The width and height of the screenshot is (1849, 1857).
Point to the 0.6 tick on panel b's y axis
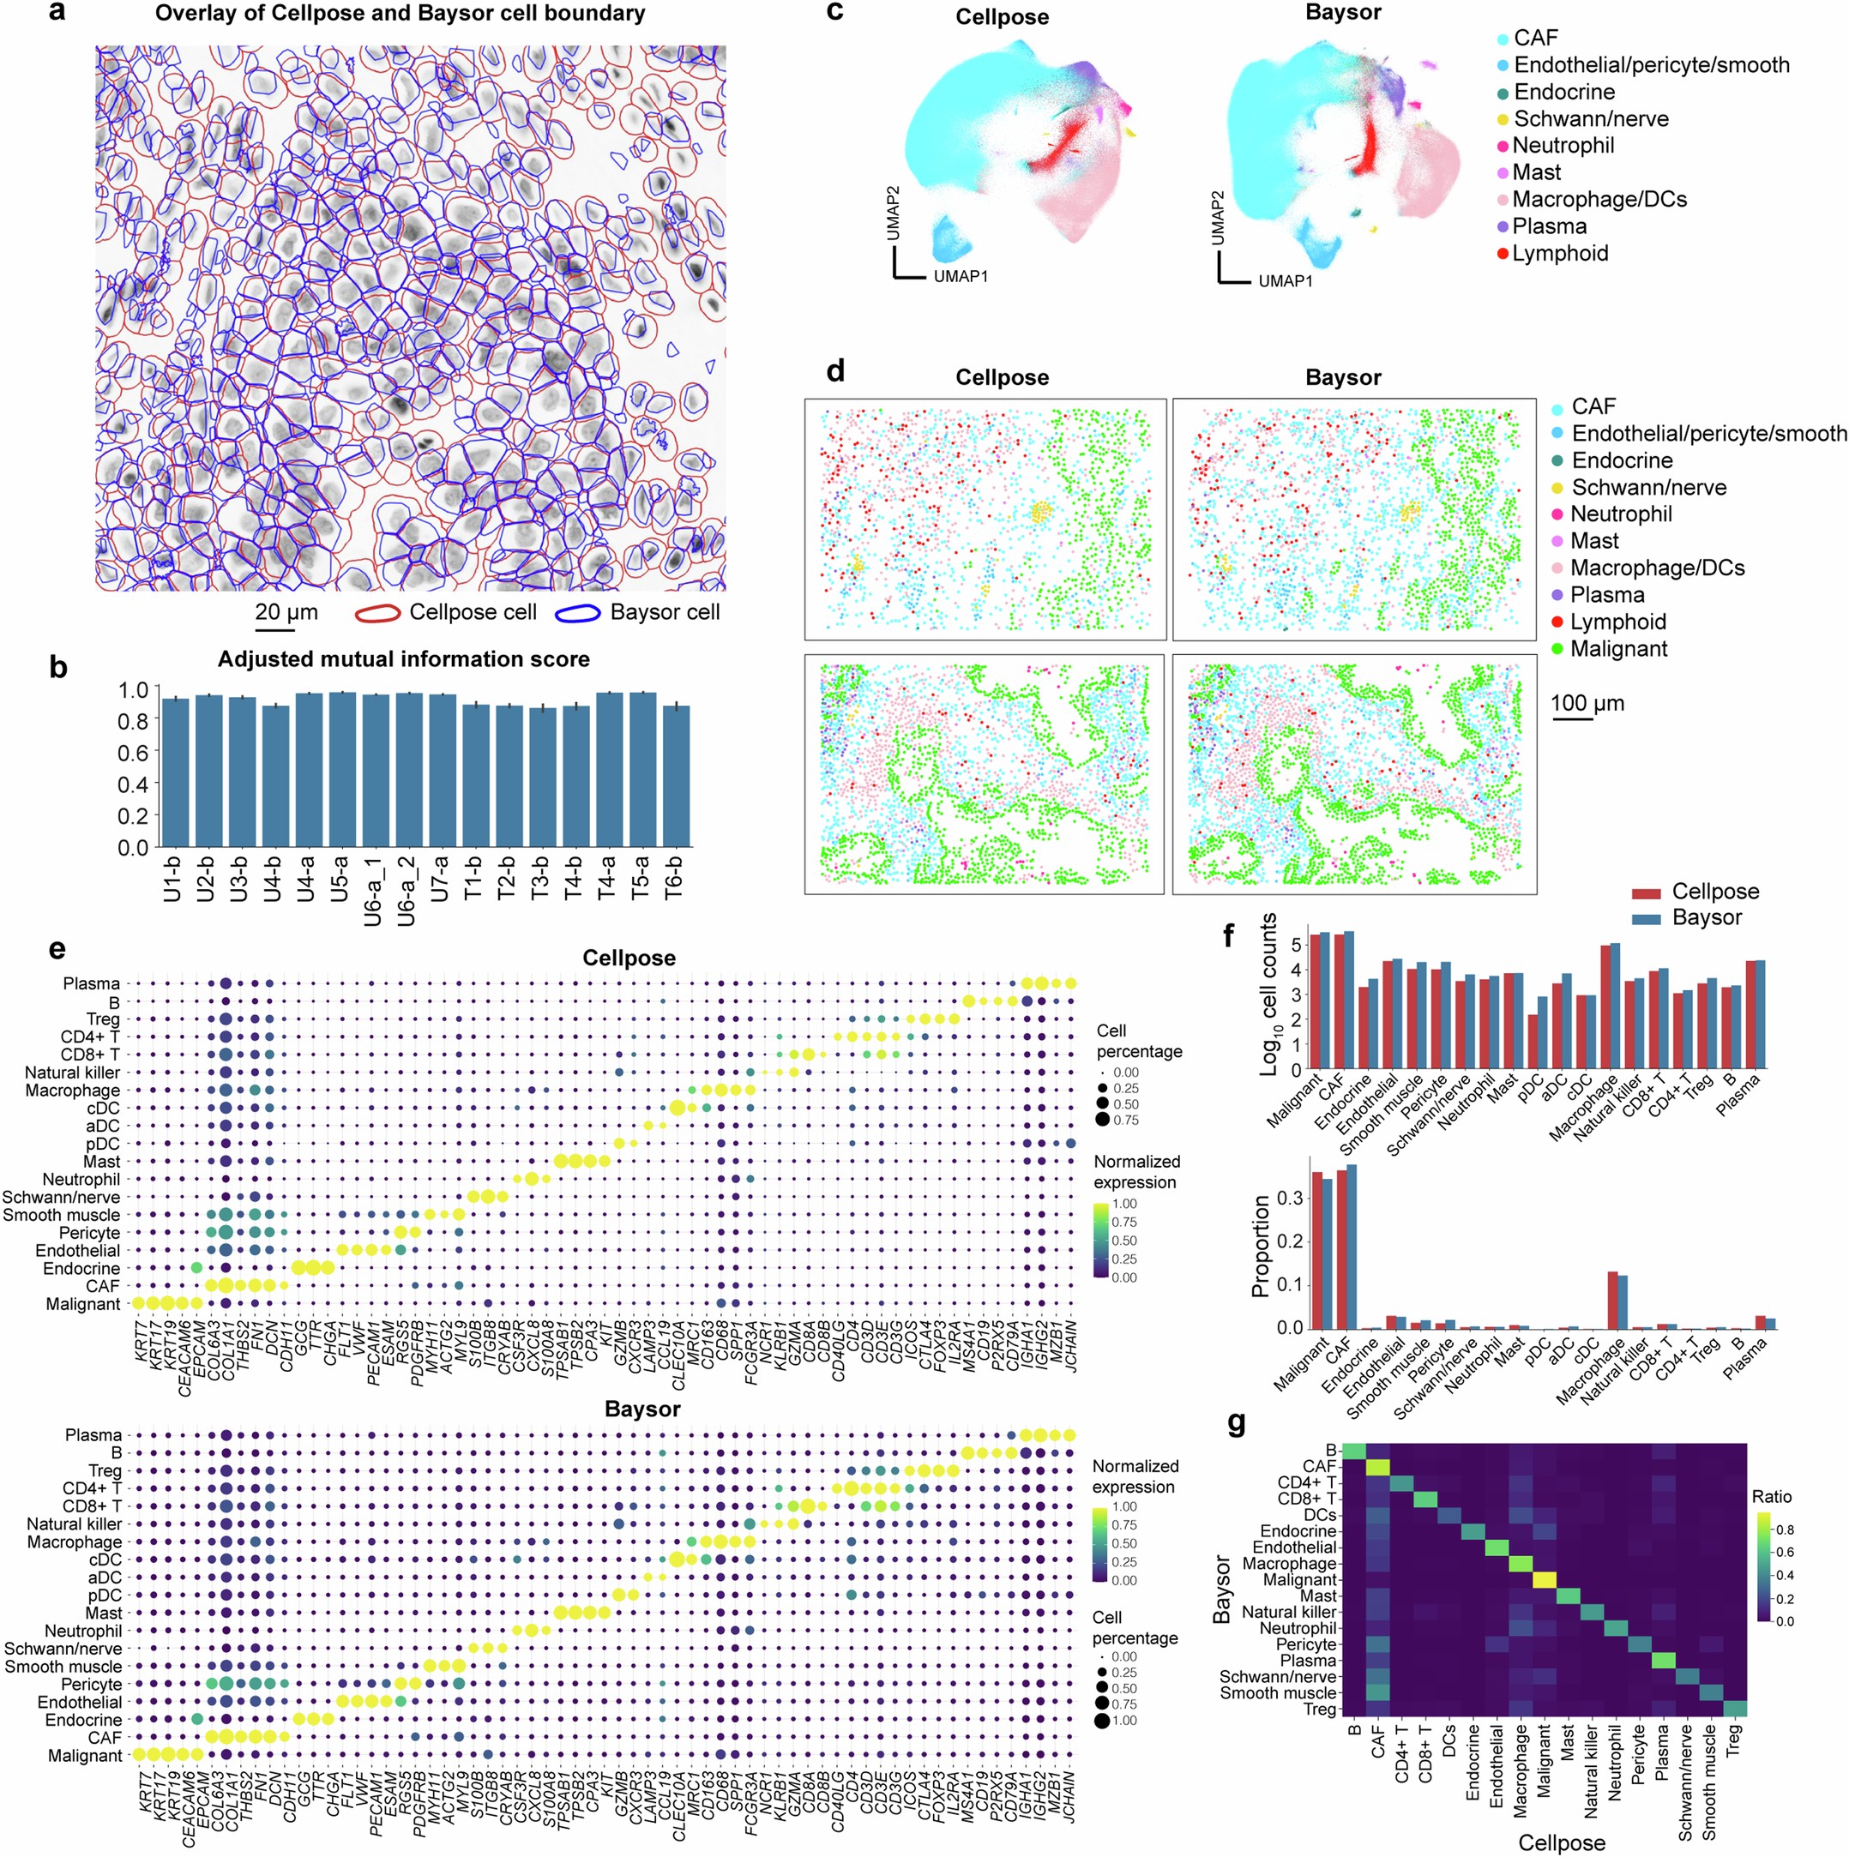pos(134,753)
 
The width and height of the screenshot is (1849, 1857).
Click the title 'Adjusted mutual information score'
pos(403,659)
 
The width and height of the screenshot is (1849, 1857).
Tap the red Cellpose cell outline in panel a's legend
pos(379,613)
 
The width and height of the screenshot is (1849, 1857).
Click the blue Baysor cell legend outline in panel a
pos(580,613)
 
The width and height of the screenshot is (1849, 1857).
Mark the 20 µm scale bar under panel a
pos(275,629)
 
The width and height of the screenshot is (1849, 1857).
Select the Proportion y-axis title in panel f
pos(1262,1247)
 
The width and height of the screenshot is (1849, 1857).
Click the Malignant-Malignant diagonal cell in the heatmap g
pos(1545,1579)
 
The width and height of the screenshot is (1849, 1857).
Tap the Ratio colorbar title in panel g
pos(1771,1497)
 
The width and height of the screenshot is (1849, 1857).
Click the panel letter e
pos(57,950)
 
